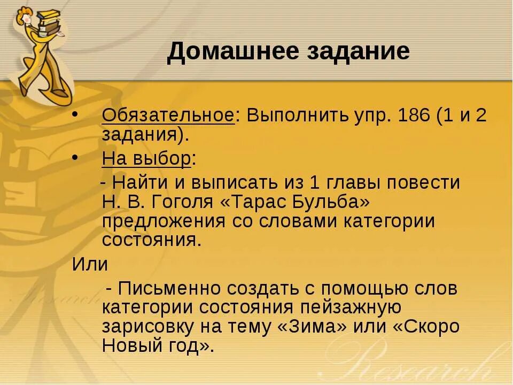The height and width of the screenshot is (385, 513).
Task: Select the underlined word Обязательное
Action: coord(168,116)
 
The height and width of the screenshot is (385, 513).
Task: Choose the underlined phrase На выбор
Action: coord(146,159)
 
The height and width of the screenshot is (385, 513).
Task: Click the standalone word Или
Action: coord(90,264)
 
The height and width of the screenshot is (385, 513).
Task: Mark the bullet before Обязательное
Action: coord(75,115)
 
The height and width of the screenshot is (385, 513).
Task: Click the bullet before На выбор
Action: coord(75,158)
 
